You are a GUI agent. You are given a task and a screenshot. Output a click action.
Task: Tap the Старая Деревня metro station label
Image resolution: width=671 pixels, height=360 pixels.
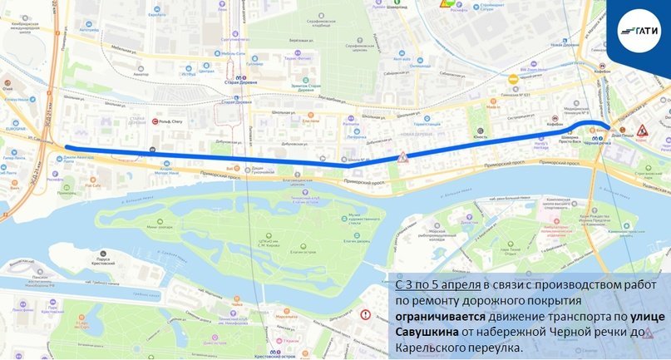(239, 80)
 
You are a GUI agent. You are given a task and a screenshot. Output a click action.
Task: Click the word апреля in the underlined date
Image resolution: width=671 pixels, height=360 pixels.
(457, 285)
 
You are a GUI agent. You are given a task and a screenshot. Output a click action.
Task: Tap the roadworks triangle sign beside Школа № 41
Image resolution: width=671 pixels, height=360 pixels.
(402, 156)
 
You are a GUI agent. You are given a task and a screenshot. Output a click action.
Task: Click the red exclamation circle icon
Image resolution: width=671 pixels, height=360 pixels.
(366, 315)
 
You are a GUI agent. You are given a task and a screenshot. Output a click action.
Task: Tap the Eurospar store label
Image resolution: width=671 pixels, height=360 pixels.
(16, 130)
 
